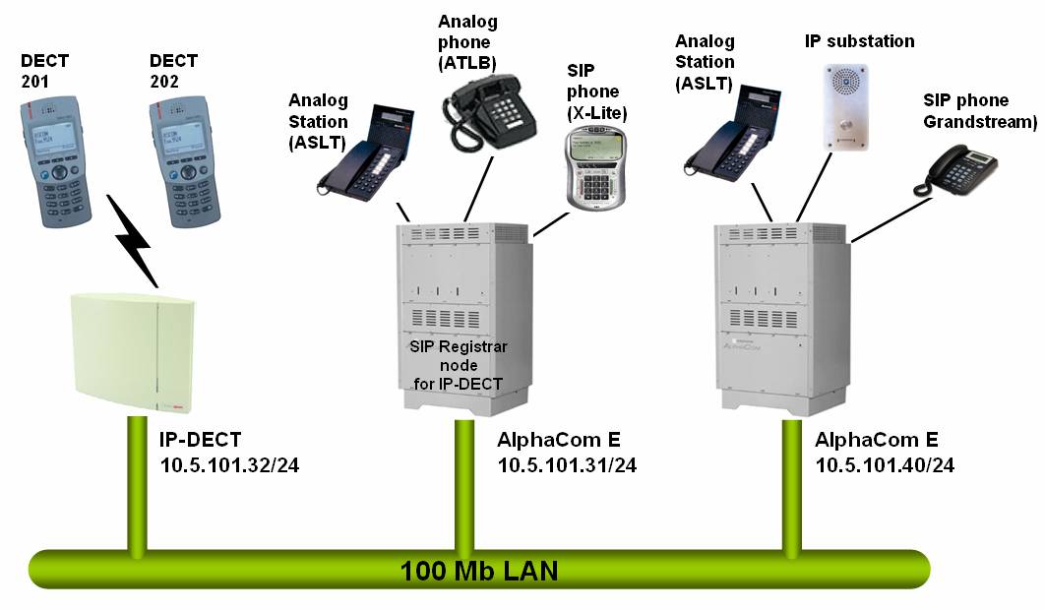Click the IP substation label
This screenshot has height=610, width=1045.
point(859,41)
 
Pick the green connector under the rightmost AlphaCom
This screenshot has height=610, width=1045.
point(786,482)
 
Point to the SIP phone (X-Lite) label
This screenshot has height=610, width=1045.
point(596,91)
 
